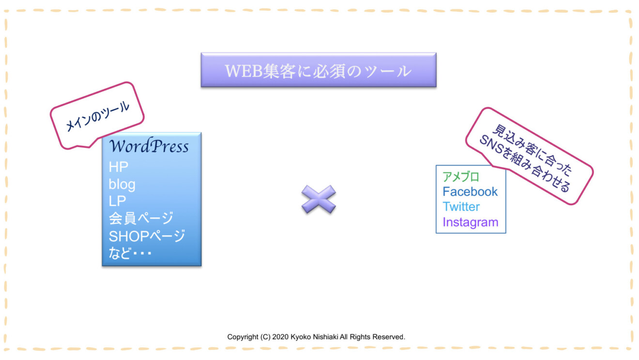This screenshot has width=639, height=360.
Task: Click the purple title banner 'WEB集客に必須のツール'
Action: [x=319, y=70]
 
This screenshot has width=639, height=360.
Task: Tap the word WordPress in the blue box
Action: [x=149, y=146]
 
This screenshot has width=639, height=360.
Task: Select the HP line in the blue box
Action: [x=119, y=167]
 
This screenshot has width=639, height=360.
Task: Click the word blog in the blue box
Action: [x=122, y=184]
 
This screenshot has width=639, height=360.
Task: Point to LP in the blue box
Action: [x=117, y=201]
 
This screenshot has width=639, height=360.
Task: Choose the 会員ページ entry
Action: [x=141, y=219]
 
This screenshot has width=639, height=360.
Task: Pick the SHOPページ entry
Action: [x=147, y=236]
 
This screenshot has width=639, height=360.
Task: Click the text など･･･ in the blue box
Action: [x=130, y=253]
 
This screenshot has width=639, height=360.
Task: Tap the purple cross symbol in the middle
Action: [x=319, y=199]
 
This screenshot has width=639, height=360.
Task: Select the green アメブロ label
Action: [x=461, y=177]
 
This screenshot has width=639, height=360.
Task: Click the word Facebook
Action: [x=470, y=192]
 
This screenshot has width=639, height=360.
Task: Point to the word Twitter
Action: [x=461, y=207]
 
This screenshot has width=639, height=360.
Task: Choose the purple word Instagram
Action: [x=471, y=222]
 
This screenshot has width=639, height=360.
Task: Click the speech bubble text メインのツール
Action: [x=98, y=117]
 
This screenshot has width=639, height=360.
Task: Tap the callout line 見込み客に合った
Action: [x=532, y=150]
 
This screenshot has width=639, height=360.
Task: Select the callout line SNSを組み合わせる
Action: [x=525, y=164]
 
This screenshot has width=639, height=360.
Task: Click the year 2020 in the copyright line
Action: [x=280, y=337]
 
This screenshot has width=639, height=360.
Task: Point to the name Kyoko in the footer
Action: [x=300, y=337]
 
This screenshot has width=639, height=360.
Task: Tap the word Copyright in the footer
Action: [x=243, y=337]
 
